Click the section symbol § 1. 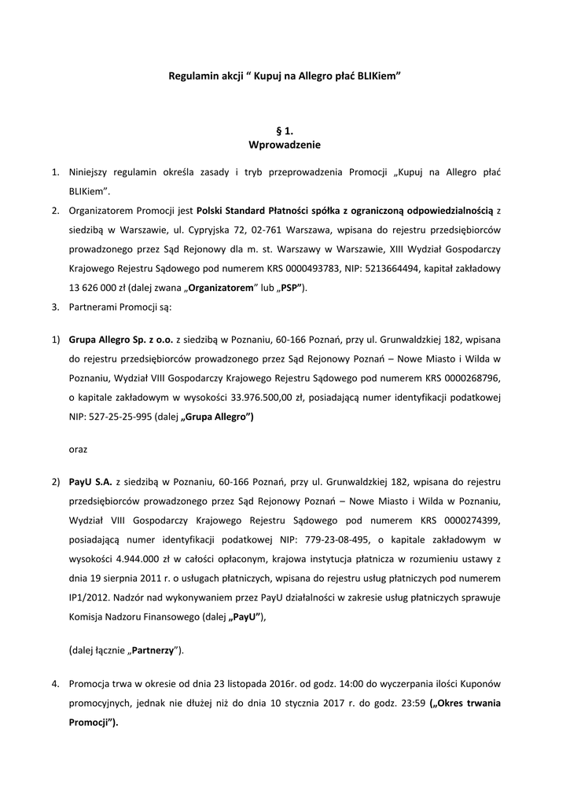pyautogui.click(x=285, y=130)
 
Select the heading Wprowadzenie pyautogui.click(x=285, y=145)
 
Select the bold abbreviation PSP pyautogui.click(x=287, y=288)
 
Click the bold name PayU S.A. pyautogui.click(x=90, y=481)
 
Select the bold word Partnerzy pyautogui.click(x=152, y=650)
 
